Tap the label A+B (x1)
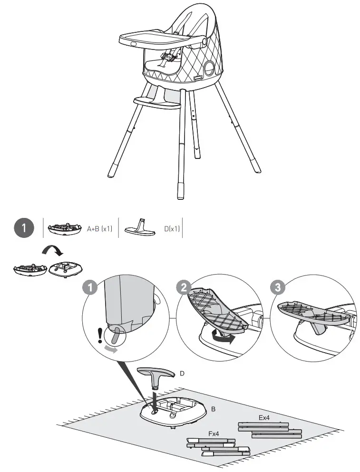[x=99, y=229]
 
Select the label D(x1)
[x=172, y=229]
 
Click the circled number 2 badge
[x=183, y=287]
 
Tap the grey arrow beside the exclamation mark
[x=110, y=349]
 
